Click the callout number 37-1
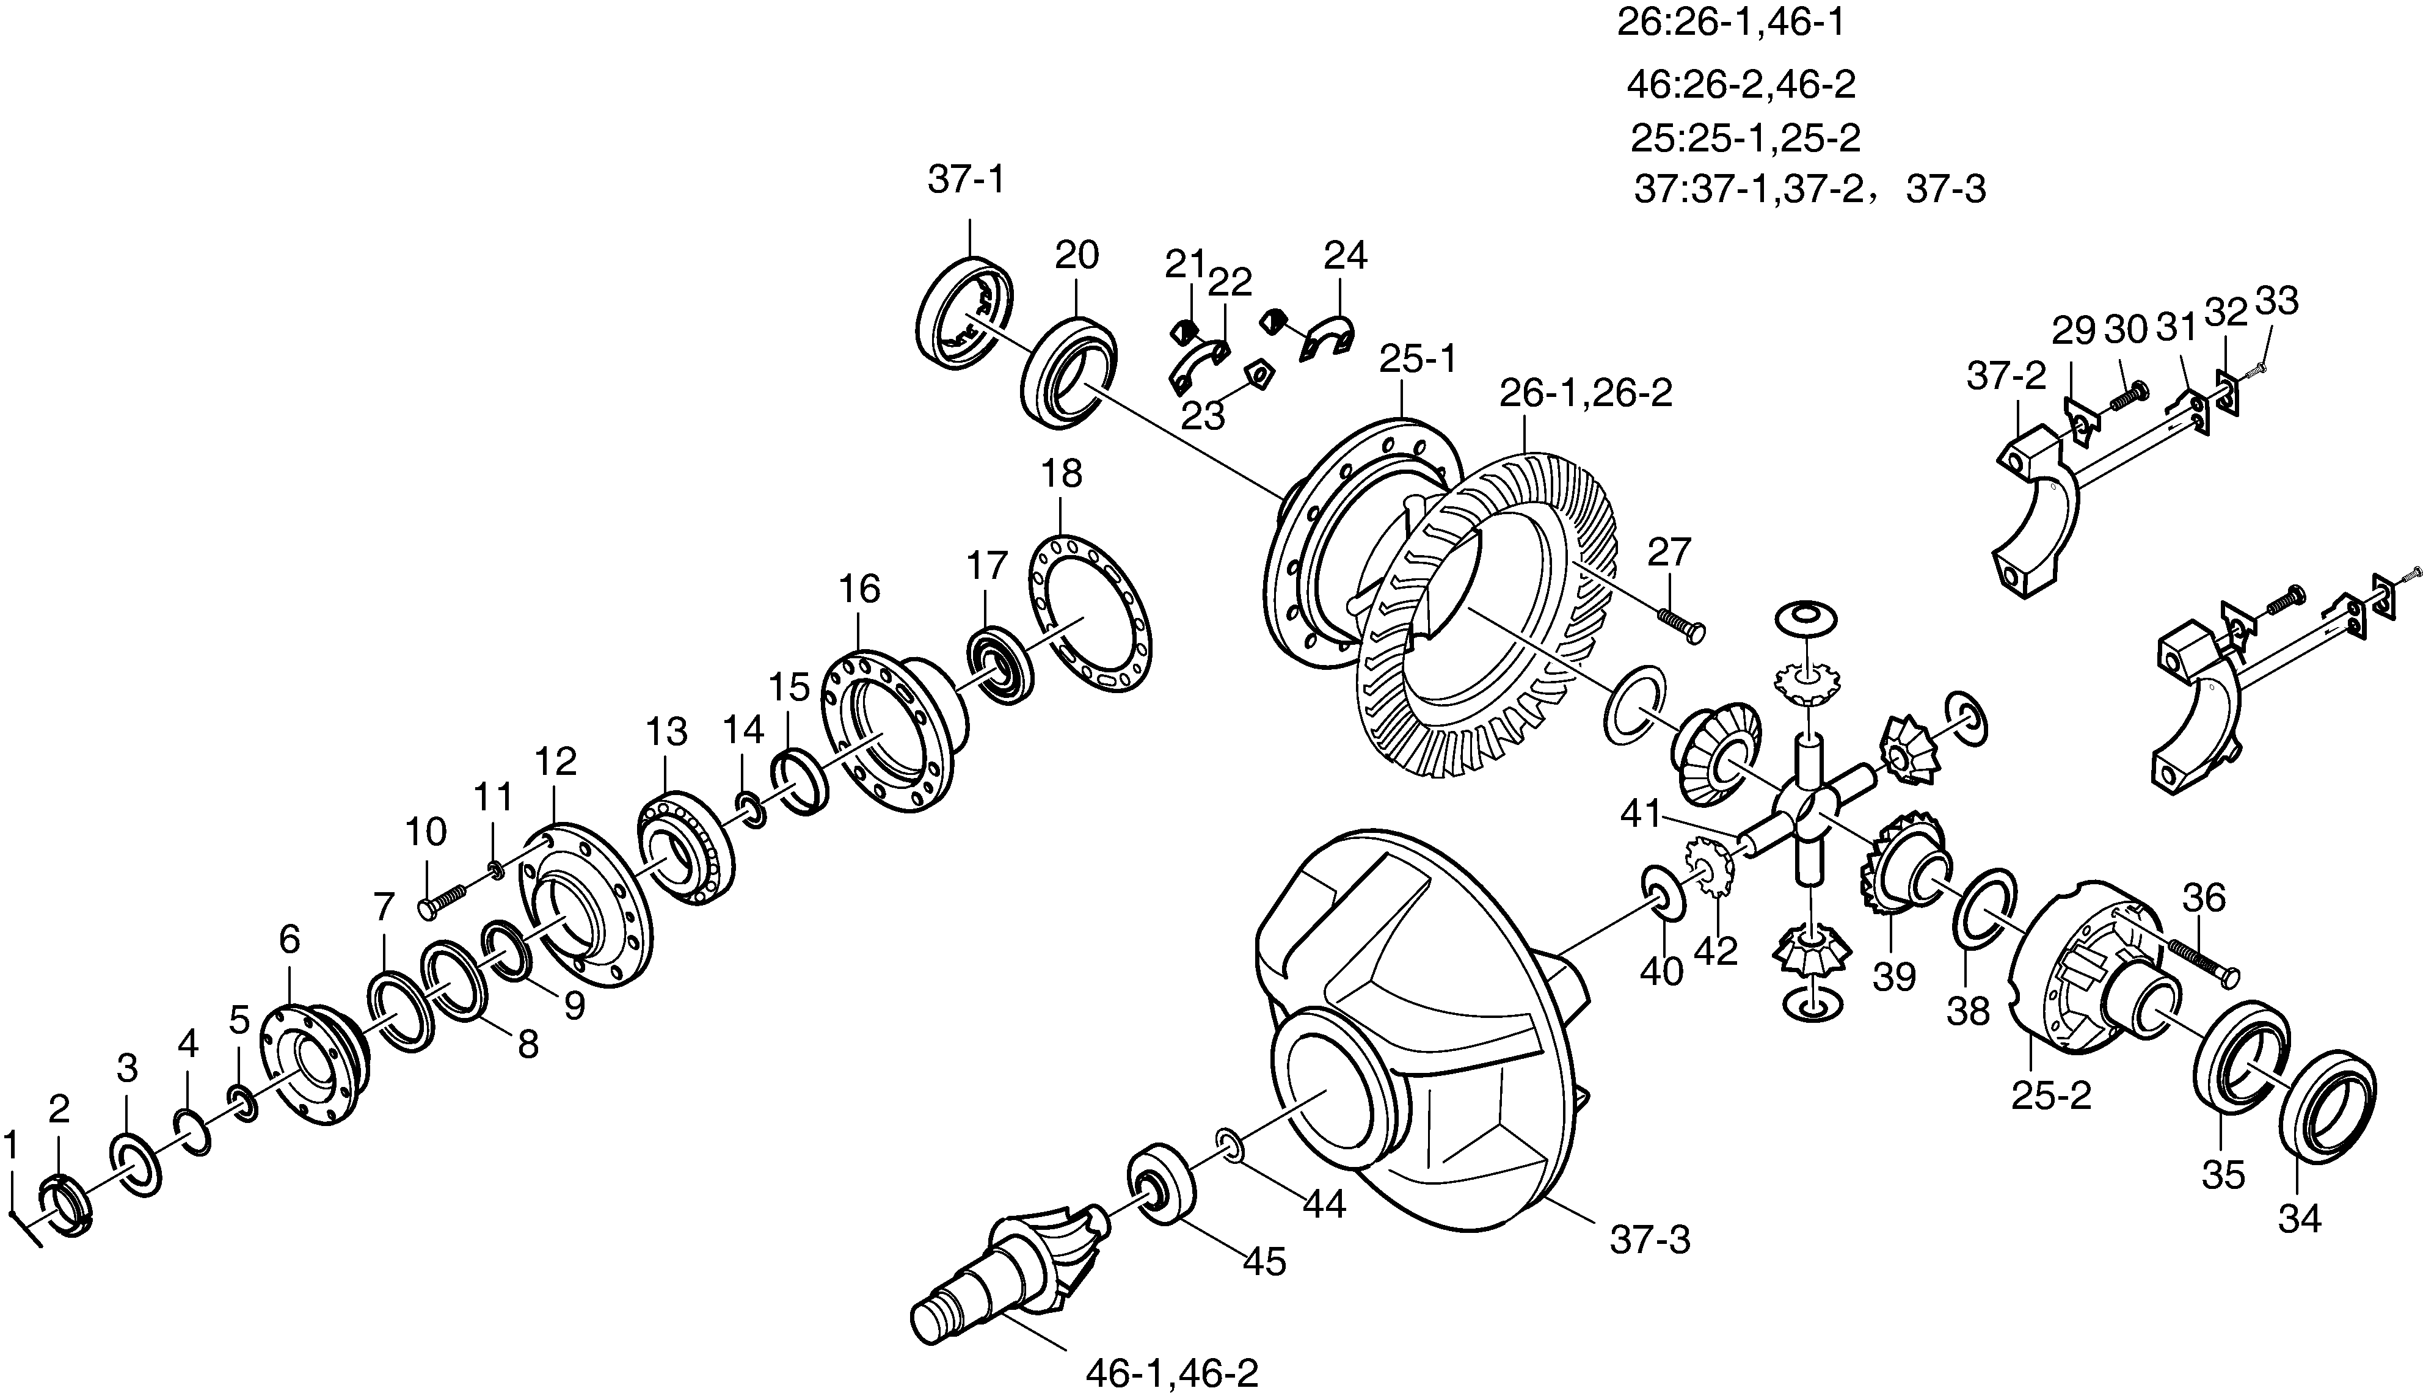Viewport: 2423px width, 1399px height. [x=966, y=181]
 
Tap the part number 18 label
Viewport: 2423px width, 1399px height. [x=1062, y=474]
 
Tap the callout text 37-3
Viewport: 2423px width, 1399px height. [x=1650, y=1240]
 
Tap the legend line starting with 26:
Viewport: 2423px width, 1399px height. [x=1730, y=22]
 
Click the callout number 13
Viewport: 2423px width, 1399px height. [x=667, y=732]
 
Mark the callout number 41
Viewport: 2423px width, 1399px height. [x=1641, y=815]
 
